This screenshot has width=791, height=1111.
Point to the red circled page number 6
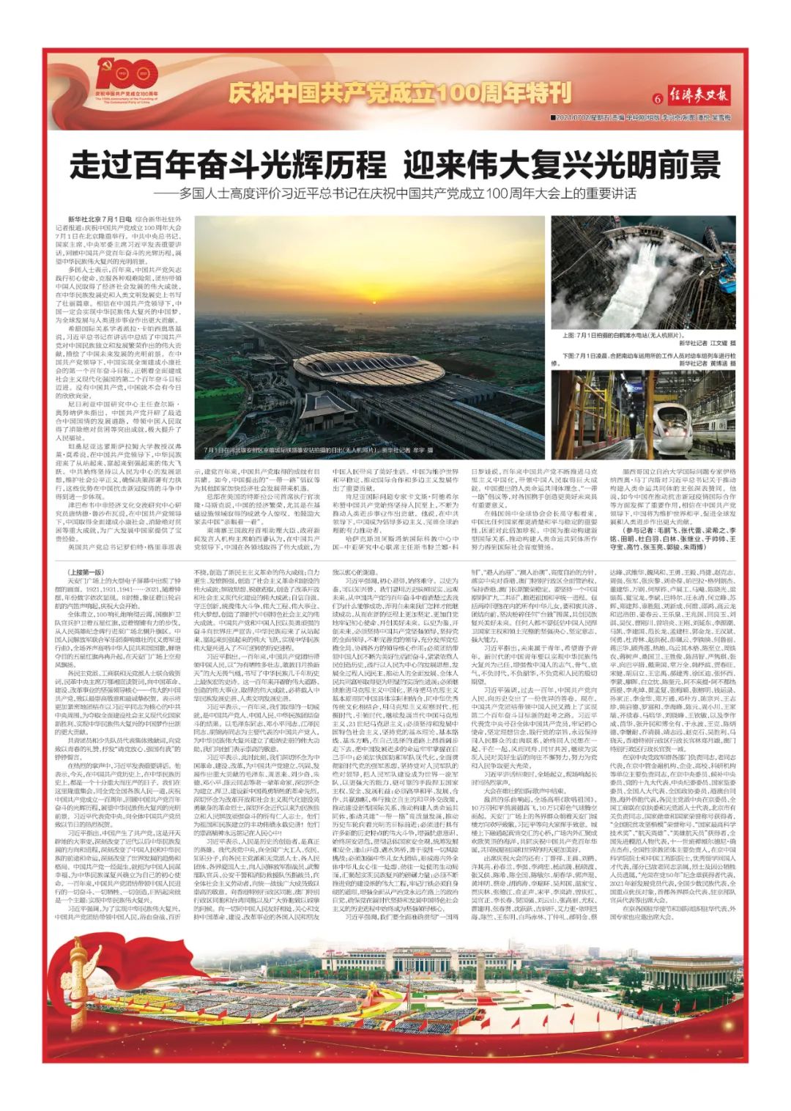pyautogui.click(x=657, y=99)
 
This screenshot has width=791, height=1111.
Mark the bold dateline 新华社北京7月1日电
pyautogui.click(x=100, y=219)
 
